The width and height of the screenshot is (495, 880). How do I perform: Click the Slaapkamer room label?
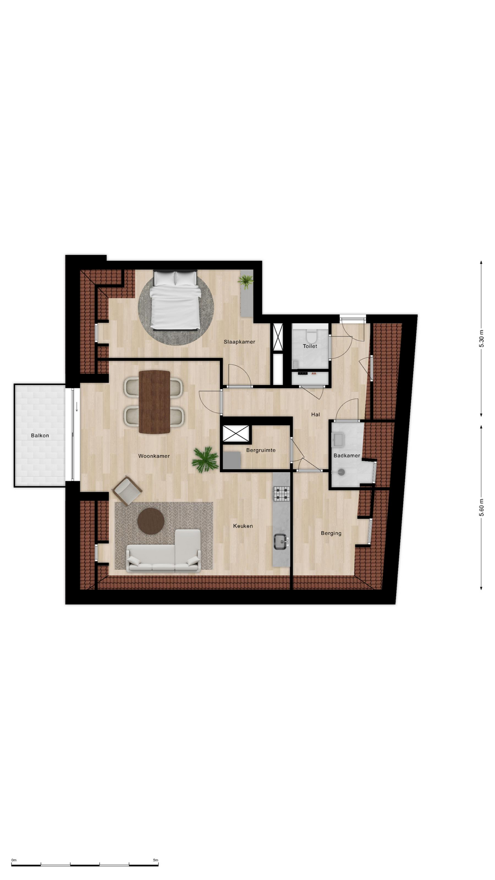[239, 342]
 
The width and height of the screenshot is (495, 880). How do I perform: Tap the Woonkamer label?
[154, 456]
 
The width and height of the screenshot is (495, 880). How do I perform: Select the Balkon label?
[40, 435]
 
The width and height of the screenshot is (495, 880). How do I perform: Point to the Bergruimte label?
[261, 450]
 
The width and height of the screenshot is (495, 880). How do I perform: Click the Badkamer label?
[347, 456]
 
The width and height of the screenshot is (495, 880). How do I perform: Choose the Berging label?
[331, 533]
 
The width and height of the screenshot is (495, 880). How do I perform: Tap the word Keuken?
[243, 526]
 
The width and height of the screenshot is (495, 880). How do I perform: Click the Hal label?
[315, 414]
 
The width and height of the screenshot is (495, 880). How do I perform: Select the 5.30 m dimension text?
[481, 338]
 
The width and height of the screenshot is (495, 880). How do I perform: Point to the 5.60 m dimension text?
[481, 507]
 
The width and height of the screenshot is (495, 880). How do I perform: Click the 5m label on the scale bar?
[155, 860]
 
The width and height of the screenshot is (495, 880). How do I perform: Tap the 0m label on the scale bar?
[14, 860]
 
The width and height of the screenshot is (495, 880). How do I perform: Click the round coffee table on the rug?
[151, 521]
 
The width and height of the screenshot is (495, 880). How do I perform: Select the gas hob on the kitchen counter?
[282, 494]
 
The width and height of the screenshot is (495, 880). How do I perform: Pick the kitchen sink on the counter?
[281, 542]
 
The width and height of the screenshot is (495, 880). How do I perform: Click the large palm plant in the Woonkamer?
[205, 460]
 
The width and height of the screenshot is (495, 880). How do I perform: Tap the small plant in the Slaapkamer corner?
[246, 281]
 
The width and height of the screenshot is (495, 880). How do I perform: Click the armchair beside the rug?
[127, 490]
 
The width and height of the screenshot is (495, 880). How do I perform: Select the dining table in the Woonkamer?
[154, 402]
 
